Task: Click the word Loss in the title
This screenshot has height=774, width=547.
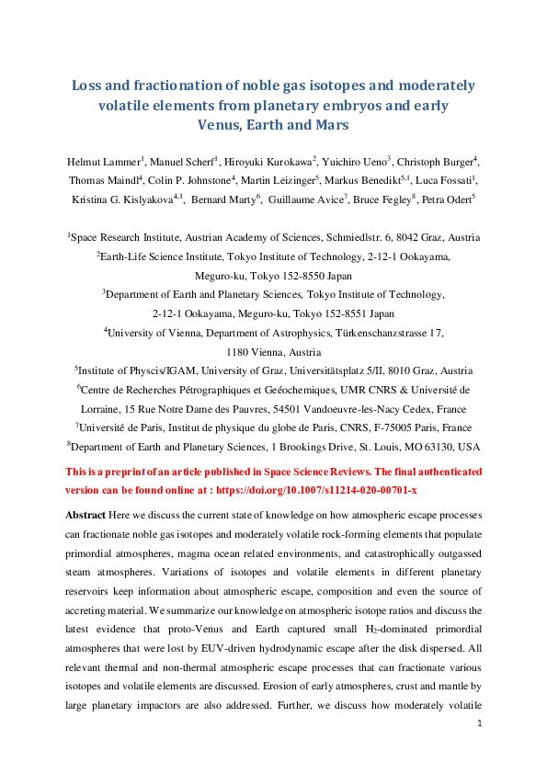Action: tap(90, 86)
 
